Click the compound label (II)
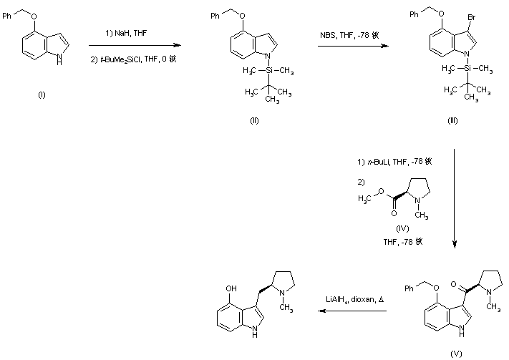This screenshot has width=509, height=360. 254,120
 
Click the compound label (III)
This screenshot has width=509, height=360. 453,120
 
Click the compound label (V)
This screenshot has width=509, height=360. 456,353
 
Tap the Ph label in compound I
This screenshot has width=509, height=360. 18,11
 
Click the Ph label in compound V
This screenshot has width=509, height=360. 409,290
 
